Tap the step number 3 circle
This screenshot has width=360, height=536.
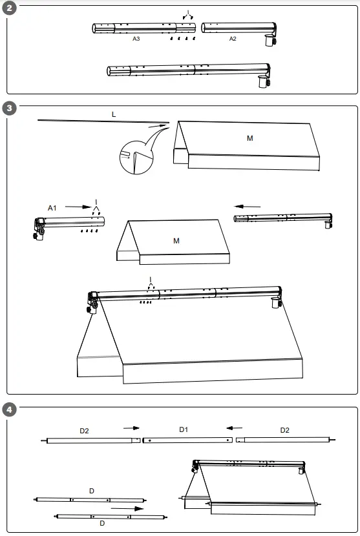tap(9, 107)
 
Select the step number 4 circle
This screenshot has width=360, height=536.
tap(9, 409)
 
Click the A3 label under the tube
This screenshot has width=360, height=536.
tap(136, 39)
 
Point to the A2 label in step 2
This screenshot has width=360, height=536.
tap(233, 39)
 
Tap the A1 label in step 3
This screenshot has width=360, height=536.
tap(52, 207)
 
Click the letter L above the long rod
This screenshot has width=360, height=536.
tap(114, 114)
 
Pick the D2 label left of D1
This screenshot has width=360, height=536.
tap(85, 429)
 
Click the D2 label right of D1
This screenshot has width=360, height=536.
tap(284, 429)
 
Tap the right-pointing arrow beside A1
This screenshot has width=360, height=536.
tap(78, 207)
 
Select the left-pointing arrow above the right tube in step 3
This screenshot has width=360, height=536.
tap(248, 207)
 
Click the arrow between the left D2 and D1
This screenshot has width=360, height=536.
tap(131, 428)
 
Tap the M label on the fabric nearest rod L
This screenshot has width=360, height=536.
tap(250, 138)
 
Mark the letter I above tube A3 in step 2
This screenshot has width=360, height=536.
tap(187, 12)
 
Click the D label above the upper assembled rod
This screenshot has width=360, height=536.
tap(91, 491)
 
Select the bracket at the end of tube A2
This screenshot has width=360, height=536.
tap(269, 39)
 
